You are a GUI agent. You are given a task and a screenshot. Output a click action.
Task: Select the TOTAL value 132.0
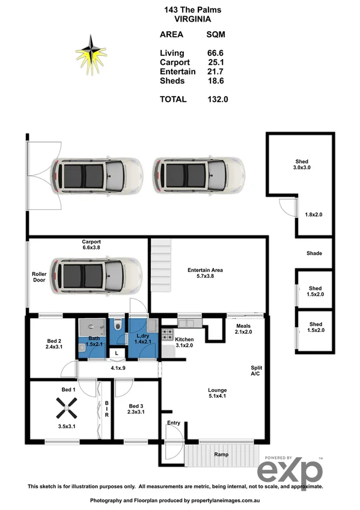click(218, 99)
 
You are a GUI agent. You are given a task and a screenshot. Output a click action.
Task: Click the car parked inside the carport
click(96, 273)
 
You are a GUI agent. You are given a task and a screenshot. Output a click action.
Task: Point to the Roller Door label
click(39, 277)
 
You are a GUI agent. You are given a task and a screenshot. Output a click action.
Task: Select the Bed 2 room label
click(55, 343)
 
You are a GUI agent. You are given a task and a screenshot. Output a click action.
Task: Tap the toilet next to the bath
click(117, 327)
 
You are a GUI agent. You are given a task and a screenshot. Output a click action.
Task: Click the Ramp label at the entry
click(221, 455)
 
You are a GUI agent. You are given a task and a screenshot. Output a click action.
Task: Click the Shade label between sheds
click(314, 253)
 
